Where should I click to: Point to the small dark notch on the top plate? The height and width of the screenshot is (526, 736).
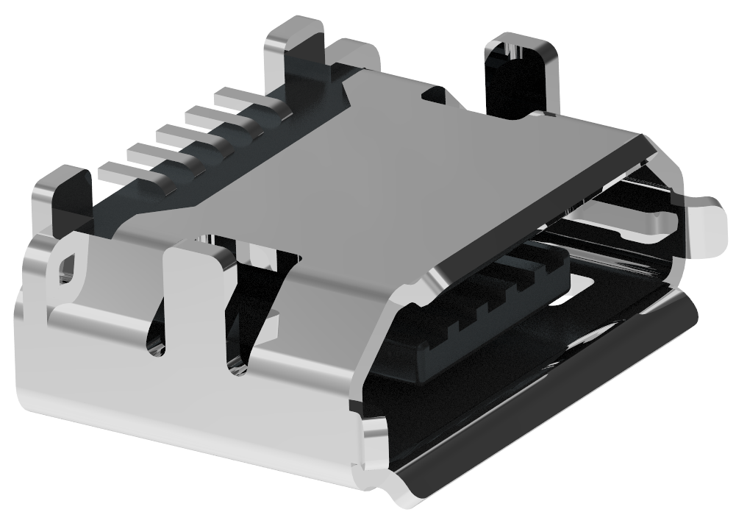tap(435, 94)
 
